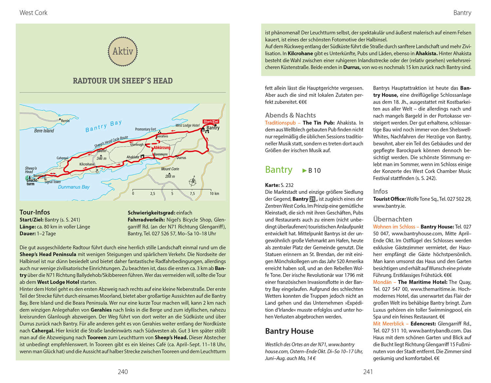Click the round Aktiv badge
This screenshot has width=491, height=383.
123,51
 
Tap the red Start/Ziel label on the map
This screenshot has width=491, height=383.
211,121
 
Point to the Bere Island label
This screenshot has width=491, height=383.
44,131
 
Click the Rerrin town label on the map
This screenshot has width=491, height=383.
65,121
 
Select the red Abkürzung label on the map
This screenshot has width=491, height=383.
162,148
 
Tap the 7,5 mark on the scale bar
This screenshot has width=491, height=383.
192,193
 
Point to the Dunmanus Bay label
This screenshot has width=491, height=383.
74,187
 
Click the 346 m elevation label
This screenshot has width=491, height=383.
101,158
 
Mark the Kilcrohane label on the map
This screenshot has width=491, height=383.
87,164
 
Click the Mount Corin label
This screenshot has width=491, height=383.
170,169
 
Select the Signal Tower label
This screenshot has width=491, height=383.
53,182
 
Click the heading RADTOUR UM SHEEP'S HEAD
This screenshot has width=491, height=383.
123,81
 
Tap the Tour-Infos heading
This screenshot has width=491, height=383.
35,212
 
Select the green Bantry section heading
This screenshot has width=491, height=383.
279,170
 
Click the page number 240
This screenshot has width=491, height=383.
123,372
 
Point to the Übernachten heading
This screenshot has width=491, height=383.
392,219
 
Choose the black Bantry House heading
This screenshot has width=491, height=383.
289,331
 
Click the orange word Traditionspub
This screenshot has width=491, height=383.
280,123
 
